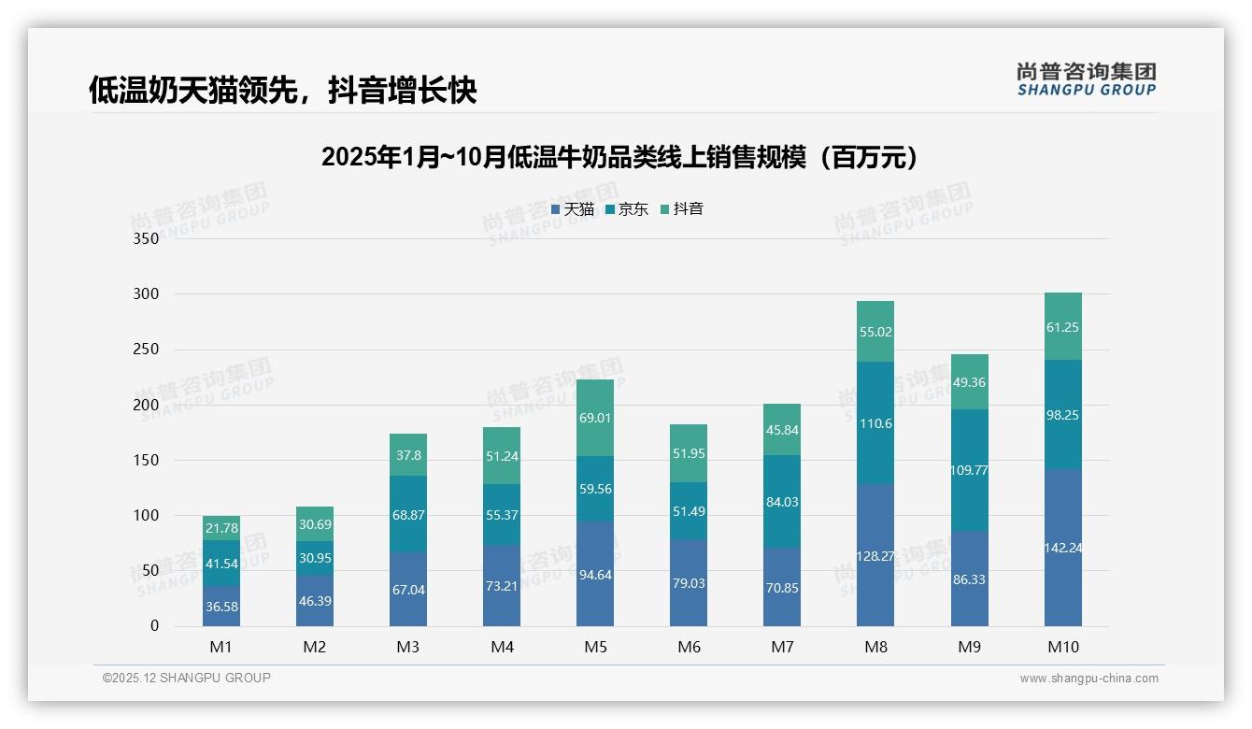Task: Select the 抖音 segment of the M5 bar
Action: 595,418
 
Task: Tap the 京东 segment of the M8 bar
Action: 875,423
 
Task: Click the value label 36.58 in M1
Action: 221,607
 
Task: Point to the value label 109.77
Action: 969,470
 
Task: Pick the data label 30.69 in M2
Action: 315,524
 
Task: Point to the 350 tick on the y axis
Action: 147,238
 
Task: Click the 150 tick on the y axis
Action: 147,460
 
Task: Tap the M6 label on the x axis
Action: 689,647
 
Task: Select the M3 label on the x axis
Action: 408,647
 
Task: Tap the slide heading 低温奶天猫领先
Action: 283,90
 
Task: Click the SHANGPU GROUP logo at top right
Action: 1086,79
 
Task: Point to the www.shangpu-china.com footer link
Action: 1088,679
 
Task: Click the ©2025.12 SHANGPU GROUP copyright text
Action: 187,678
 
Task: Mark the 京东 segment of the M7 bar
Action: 782,502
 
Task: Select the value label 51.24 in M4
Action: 502,456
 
